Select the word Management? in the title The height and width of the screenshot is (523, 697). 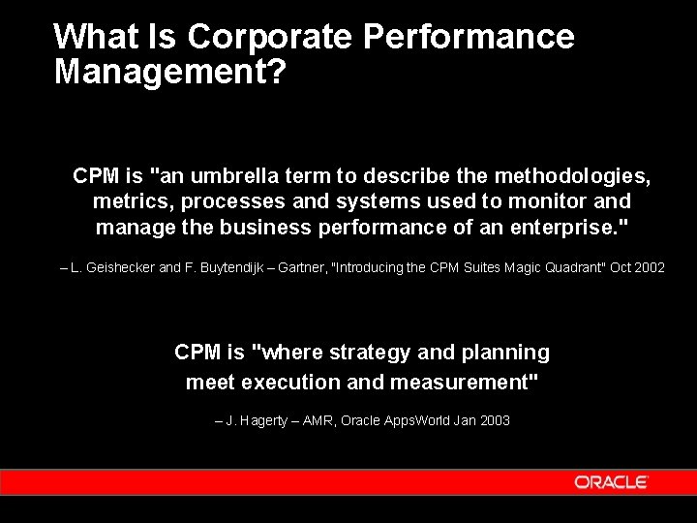point(170,71)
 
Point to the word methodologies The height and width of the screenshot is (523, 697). point(572,176)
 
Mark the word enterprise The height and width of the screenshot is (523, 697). point(562,229)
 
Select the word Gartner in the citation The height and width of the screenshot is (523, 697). point(300,267)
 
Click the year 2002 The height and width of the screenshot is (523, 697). point(650,267)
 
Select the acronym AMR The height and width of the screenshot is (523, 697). point(316,421)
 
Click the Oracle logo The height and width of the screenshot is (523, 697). point(611,482)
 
